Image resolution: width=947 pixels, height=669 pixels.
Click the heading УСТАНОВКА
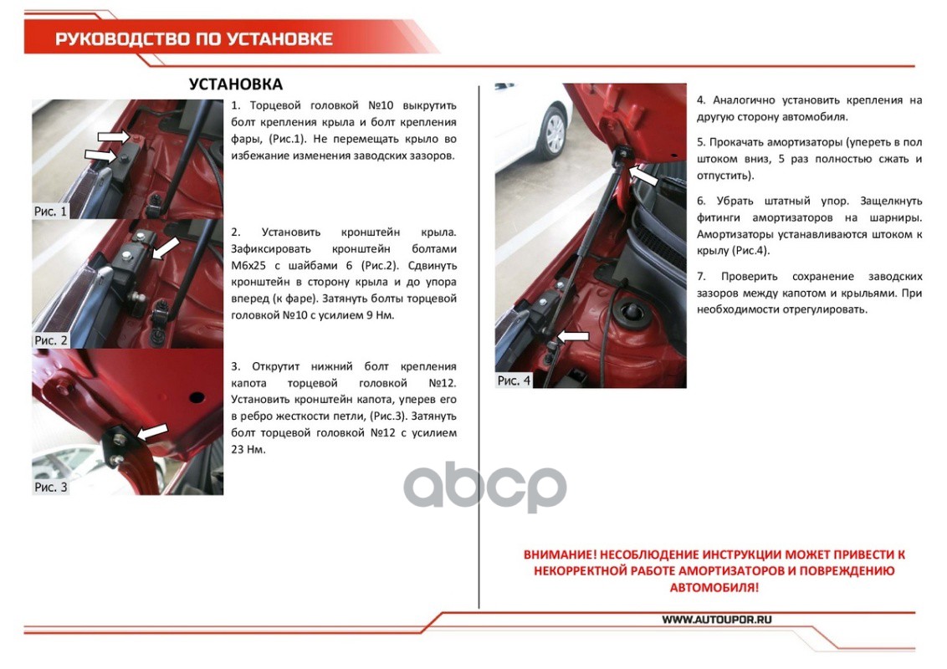(236, 84)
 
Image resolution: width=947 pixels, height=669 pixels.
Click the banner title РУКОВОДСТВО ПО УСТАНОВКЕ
(194, 39)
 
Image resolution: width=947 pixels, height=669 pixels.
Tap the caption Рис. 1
(50, 212)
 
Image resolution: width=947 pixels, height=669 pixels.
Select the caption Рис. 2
(51, 340)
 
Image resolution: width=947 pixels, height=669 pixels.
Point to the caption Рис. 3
(51, 487)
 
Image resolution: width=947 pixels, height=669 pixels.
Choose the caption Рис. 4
(514, 380)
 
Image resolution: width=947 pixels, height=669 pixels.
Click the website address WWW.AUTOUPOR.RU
(717, 620)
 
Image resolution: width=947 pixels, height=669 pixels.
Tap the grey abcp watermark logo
(485, 486)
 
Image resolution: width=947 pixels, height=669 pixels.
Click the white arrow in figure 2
(166, 248)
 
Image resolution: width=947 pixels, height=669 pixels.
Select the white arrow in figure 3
(153, 432)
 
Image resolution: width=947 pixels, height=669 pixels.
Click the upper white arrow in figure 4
(643, 176)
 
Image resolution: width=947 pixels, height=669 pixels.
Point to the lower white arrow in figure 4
(572, 336)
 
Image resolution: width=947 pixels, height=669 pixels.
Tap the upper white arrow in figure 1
(114, 136)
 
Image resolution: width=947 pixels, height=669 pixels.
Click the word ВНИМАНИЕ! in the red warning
(560, 554)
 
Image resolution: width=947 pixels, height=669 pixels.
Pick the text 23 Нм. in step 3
(248, 450)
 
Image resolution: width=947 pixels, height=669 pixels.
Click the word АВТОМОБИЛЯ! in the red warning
(714, 588)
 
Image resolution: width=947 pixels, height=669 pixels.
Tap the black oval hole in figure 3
(197, 397)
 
